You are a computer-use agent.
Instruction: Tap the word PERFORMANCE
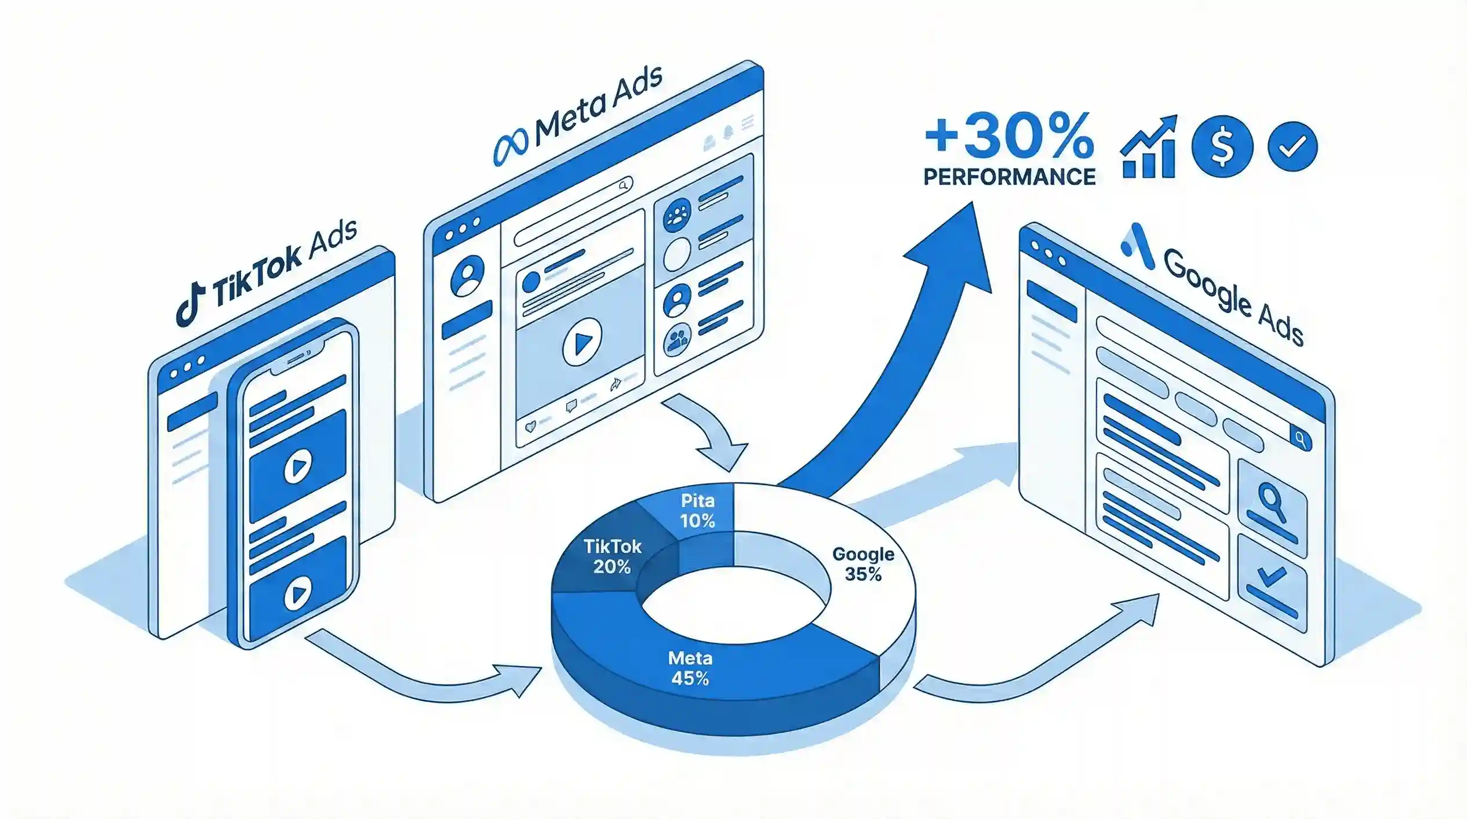1009,177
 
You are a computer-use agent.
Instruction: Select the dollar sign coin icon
1222,147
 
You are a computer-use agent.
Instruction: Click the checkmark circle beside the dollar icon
1293,147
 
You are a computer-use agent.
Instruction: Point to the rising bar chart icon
1149,147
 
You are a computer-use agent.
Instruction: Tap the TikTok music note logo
191,305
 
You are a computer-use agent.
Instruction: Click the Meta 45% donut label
690,668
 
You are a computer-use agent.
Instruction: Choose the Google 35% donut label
863,564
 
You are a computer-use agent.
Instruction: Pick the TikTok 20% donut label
612,556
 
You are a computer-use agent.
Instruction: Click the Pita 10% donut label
697,511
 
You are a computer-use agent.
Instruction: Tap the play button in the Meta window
582,341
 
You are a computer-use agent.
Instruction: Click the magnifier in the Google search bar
1300,439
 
